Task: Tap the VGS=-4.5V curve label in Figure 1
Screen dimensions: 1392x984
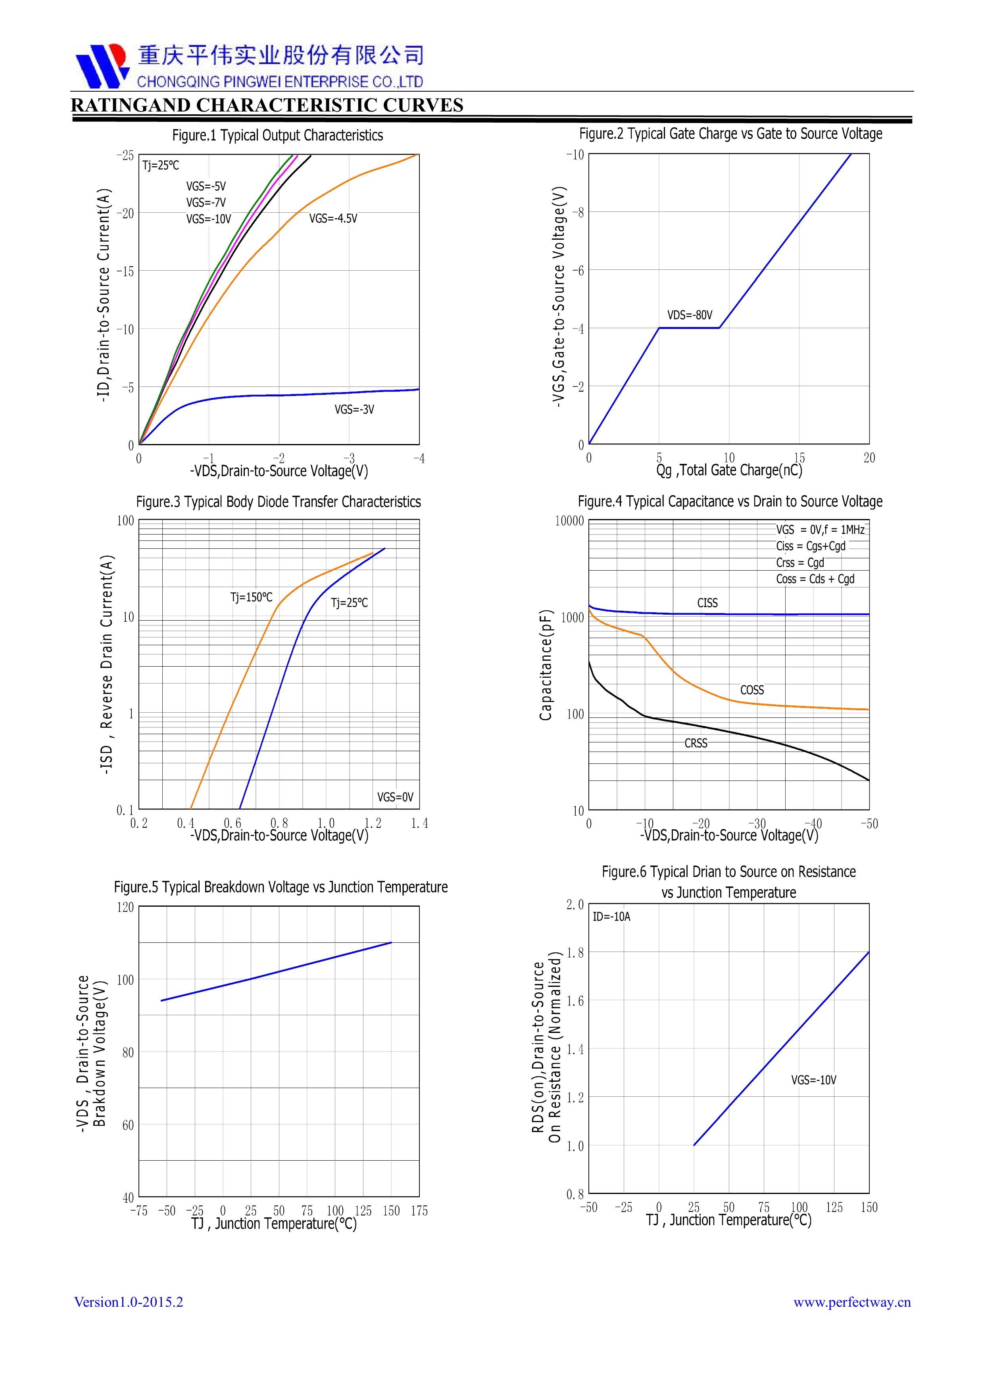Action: tap(333, 218)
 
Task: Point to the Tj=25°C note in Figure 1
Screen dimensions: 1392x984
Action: tap(161, 165)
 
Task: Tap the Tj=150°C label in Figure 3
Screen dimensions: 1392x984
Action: tap(251, 597)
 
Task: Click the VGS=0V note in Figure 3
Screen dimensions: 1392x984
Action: tap(395, 797)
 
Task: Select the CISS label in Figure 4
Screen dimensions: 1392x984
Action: tap(707, 603)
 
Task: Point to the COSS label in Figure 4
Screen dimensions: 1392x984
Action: tap(752, 690)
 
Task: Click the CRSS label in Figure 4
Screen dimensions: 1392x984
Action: tap(696, 743)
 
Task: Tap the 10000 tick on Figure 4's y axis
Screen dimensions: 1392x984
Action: tap(569, 521)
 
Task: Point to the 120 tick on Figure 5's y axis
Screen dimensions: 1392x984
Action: tap(125, 907)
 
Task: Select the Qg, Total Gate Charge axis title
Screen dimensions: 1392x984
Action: tap(729, 470)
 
